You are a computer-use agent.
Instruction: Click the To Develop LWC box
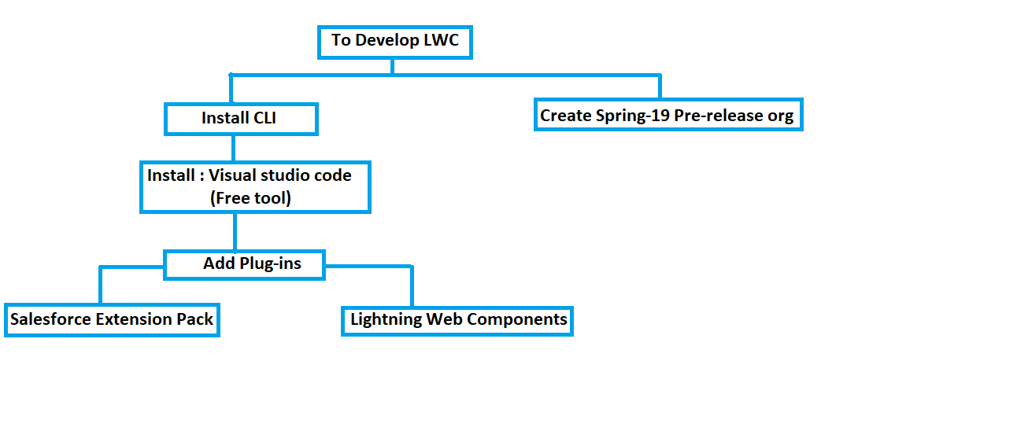click(394, 41)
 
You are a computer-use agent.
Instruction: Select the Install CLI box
click(240, 119)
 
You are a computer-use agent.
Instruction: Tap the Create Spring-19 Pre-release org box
click(668, 116)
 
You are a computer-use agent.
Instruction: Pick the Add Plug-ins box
click(244, 264)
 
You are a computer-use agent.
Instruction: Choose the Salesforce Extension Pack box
click(112, 320)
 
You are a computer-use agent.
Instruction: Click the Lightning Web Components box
click(457, 320)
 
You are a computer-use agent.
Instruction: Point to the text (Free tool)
click(250, 198)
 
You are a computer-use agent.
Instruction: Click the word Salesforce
click(50, 319)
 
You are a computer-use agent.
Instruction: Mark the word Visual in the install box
click(231, 175)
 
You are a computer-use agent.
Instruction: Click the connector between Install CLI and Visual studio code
click(233, 149)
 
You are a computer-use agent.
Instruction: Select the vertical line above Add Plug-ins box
click(235, 231)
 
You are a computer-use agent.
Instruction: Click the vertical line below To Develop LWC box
click(392, 66)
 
